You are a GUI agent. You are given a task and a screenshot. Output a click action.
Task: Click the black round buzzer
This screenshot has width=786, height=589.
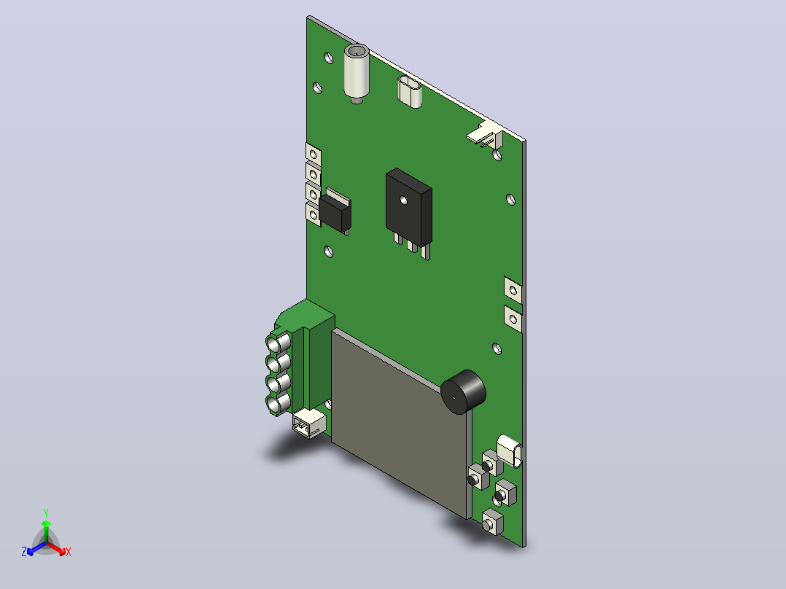tap(463, 392)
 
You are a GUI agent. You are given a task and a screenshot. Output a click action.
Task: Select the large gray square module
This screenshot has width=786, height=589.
tap(401, 424)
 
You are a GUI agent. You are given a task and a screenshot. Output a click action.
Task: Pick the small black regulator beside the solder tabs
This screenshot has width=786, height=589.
tap(335, 211)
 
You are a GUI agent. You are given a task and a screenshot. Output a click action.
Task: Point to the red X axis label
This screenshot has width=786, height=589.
tap(69, 552)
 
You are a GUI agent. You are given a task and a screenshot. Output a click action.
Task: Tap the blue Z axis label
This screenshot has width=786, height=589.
tap(24, 552)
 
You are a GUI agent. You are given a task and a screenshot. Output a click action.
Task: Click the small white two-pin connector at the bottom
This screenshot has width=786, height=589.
tap(309, 423)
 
